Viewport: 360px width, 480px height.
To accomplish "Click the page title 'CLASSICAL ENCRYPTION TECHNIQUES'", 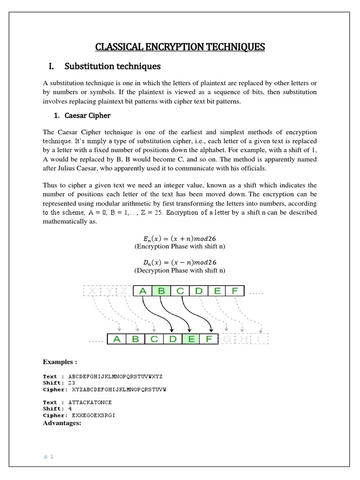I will pyautogui.click(x=180, y=47).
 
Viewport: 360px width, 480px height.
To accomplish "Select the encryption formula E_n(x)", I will pyautogui.click(x=180, y=238).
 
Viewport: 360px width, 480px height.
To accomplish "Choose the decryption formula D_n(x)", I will pyautogui.click(x=180, y=262).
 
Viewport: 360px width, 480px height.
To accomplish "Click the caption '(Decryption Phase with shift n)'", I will pyautogui.click(x=180, y=270).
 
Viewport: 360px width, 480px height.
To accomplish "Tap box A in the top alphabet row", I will pyautogui.click(x=143, y=291).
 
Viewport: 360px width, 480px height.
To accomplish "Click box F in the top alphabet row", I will pyautogui.click(x=235, y=291).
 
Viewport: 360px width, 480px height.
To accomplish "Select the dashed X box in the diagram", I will pyautogui.click(x=92, y=291).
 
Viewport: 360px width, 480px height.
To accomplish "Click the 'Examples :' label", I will pyautogui.click(x=60, y=362).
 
